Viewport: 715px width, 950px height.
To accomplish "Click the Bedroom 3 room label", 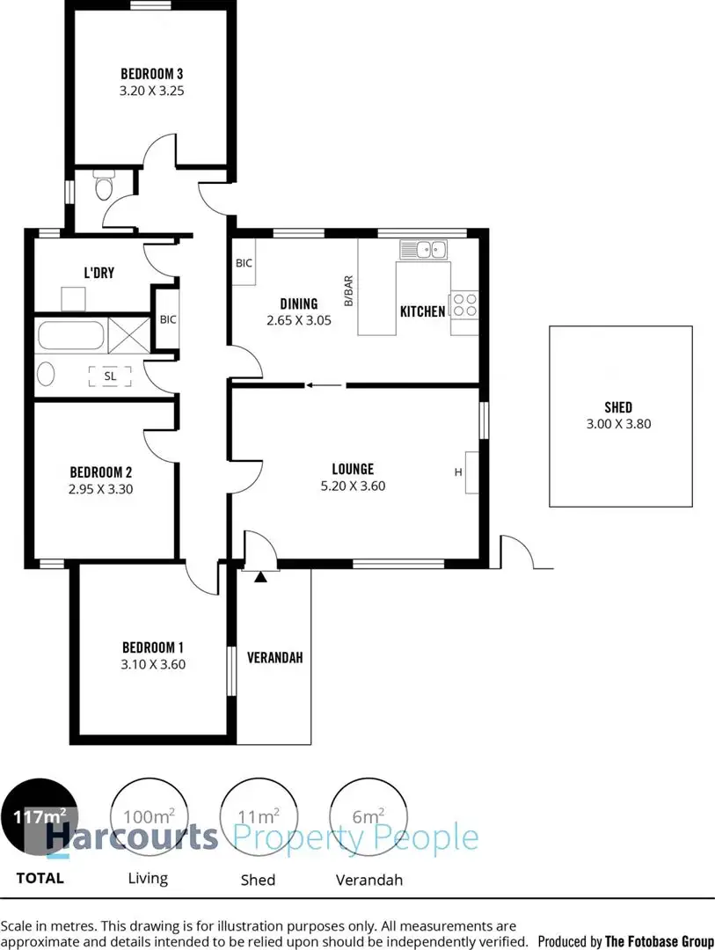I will pyautogui.click(x=151, y=74).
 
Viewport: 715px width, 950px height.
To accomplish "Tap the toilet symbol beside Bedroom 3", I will pyautogui.click(x=104, y=187).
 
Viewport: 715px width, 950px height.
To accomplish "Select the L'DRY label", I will pyautogui.click(x=98, y=273).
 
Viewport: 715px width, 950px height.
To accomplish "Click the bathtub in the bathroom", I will pyautogui.click(x=70, y=334).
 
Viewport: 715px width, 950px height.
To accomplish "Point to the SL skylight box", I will pyautogui.click(x=110, y=376).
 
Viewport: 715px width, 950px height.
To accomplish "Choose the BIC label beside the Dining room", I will pyautogui.click(x=244, y=263).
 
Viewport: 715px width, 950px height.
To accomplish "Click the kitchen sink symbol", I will pyautogui.click(x=424, y=249).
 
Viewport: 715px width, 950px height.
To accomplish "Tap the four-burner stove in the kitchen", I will pyautogui.click(x=464, y=304).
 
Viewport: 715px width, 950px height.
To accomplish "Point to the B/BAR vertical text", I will pyautogui.click(x=348, y=289).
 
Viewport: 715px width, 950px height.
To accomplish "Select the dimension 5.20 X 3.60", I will pyautogui.click(x=353, y=486).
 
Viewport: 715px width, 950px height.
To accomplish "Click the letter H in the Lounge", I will pyautogui.click(x=457, y=472).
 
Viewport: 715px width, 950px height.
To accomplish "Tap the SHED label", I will pyautogui.click(x=618, y=407).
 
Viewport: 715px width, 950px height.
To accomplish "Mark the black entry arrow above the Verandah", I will pyautogui.click(x=260, y=577).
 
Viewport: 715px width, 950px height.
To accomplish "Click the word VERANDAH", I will pyautogui.click(x=274, y=657).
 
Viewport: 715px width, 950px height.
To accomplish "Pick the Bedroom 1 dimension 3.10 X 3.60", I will pyautogui.click(x=154, y=665).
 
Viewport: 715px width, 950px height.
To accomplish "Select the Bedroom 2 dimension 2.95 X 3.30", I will pyautogui.click(x=101, y=490).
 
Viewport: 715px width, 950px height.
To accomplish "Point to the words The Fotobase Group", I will pyautogui.click(x=660, y=941).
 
